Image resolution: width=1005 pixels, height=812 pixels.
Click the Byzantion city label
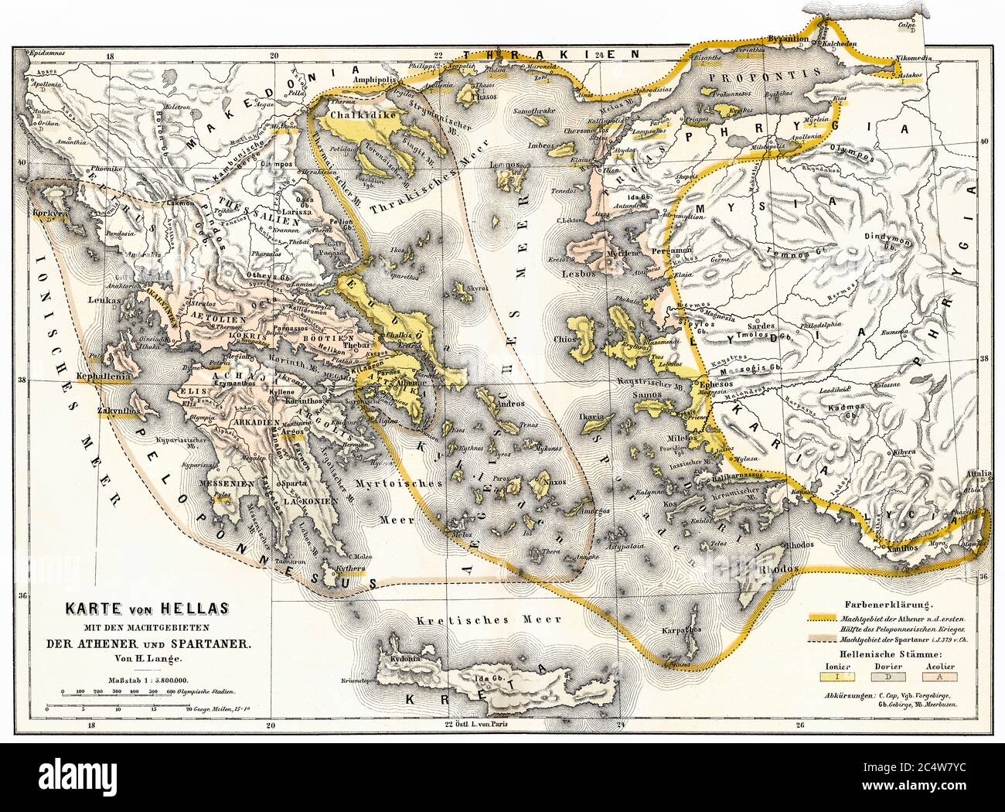[785, 39]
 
